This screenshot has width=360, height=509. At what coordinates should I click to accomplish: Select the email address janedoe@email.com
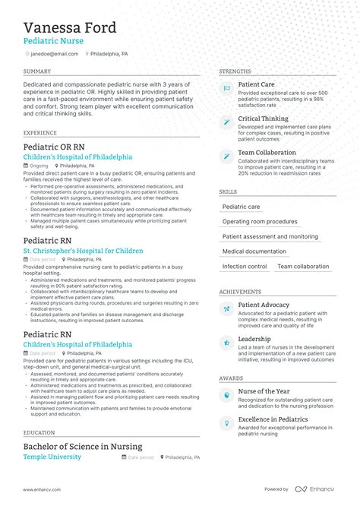click(x=54, y=54)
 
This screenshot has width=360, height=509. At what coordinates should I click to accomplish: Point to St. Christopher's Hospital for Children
click(x=83, y=251)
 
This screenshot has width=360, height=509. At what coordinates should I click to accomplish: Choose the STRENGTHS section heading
click(x=235, y=71)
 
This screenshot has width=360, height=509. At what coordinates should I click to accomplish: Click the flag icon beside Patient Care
click(x=226, y=89)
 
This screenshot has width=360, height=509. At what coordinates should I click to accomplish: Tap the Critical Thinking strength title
click(x=263, y=119)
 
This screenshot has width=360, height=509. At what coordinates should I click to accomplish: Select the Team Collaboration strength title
click(x=267, y=152)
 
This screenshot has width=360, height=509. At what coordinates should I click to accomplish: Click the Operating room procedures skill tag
click(x=260, y=222)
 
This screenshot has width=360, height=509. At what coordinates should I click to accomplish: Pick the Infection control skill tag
click(x=245, y=267)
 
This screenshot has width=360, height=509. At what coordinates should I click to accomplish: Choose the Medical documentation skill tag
click(x=254, y=251)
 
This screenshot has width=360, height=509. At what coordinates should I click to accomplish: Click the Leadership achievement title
click(x=254, y=339)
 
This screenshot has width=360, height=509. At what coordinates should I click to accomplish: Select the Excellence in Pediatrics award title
click(x=273, y=419)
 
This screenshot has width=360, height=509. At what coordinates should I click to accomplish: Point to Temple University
click(x=52, y=457)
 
